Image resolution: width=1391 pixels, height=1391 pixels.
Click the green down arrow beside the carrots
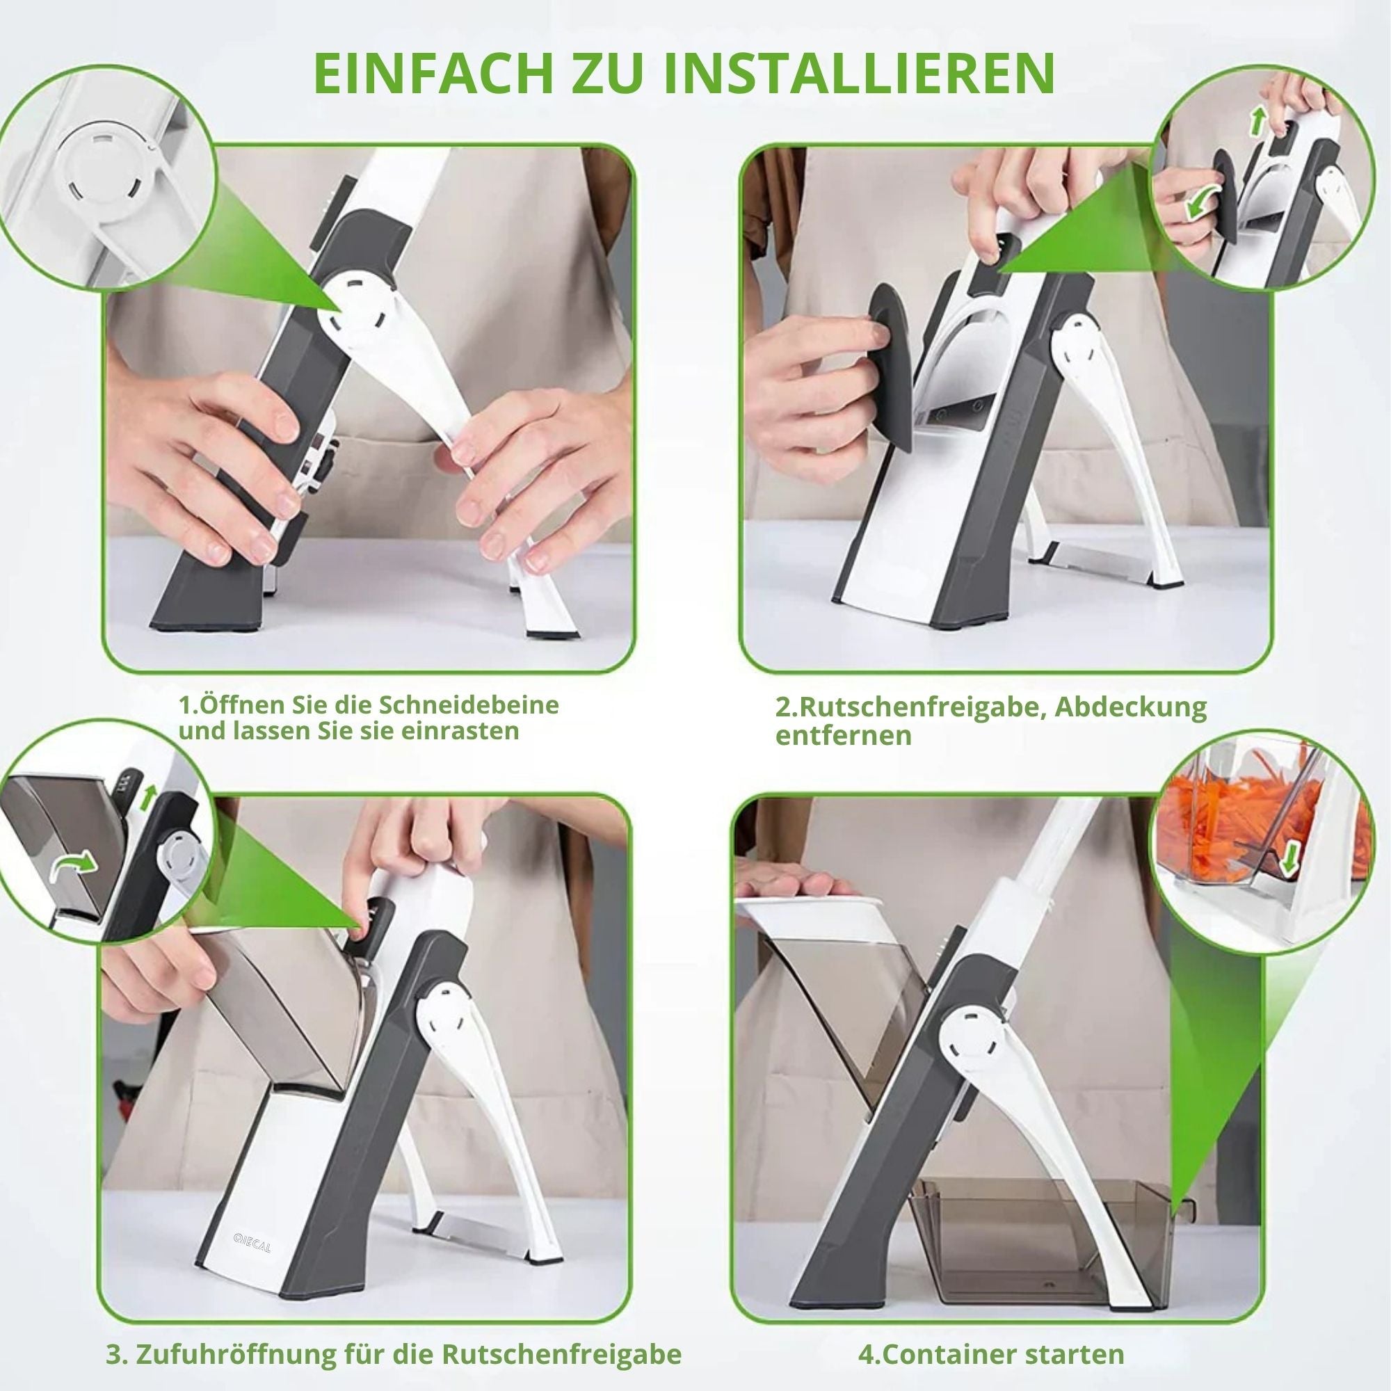coord(1288,857)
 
